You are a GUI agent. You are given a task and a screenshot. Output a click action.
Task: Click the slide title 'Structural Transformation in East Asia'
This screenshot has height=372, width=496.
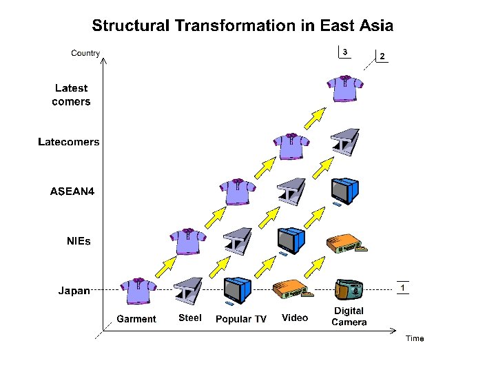[242, 26]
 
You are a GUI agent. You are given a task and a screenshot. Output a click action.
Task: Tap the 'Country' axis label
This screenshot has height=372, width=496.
[85, 53]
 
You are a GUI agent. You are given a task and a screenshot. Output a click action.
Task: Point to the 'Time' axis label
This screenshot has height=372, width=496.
[415, 338]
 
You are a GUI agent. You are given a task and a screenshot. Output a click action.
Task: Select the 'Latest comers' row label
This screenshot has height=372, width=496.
[71, 95]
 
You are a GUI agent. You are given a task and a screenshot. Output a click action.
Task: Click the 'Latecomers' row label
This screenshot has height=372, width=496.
[68, 143]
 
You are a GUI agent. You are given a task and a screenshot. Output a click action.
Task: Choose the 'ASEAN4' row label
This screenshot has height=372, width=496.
[72, 192]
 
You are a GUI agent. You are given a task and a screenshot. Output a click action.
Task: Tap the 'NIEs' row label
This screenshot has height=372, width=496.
[79, 242]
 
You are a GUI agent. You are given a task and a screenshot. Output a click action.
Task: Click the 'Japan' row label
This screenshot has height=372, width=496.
[74, 291]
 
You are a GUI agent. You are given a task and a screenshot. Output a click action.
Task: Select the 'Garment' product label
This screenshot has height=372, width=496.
[136, 319]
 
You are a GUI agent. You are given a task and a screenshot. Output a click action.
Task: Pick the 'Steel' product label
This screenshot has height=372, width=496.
[190, 318]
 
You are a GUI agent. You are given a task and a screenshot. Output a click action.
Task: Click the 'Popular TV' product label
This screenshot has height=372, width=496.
[241, 319]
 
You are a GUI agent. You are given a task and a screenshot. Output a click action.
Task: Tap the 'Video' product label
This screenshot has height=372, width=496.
[295, 318]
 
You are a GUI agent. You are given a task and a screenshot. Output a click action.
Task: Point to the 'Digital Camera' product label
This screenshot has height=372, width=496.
[349, 317]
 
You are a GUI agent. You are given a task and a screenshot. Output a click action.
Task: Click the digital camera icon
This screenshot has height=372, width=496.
[348, 290]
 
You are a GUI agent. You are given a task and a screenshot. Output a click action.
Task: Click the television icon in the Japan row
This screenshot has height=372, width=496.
[238, 290]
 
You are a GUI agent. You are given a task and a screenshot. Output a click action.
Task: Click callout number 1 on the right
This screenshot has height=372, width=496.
[402, 287]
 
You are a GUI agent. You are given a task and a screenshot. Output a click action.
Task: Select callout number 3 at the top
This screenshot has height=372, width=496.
[345, 52]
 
